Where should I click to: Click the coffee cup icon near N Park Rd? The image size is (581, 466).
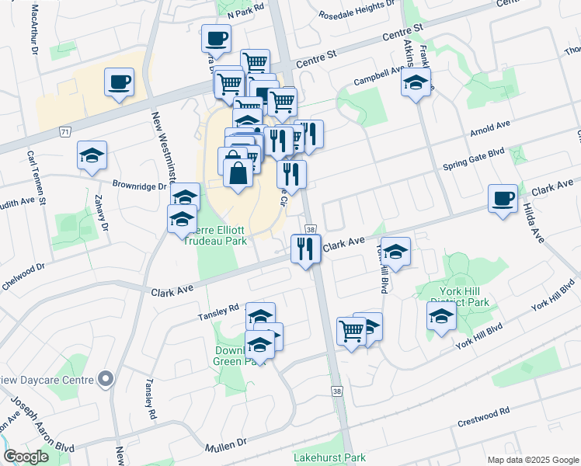(x=216, y=37)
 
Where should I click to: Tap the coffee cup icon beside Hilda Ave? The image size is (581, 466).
(x=503, y=198)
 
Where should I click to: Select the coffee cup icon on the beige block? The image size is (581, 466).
(x=119, y=82)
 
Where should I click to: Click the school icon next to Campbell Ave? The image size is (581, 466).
(x=416, y=82)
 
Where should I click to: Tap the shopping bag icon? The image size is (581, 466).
(x=238, y=173)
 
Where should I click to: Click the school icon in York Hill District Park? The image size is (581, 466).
(x=441, y=317)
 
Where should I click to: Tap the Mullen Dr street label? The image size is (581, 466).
(x=225, y=448)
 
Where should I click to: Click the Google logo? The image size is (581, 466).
(x=26, y=457)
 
